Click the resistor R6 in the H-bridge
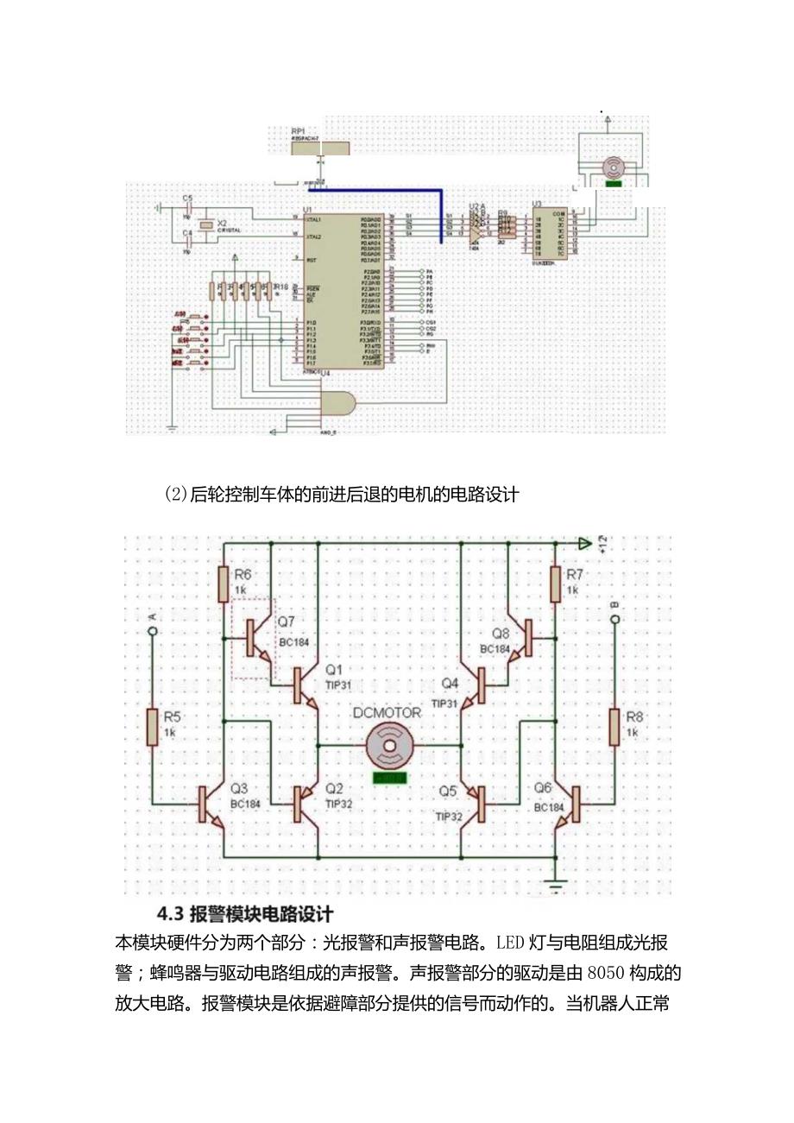click(223, 584)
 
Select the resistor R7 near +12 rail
click(555, 584)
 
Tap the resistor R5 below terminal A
click(152, 726)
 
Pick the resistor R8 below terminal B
click(614, 726)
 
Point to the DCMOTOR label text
click(388, 713)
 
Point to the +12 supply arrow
click(584, 543)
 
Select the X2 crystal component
click(205, 226)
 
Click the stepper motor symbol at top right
click(613, 167)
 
